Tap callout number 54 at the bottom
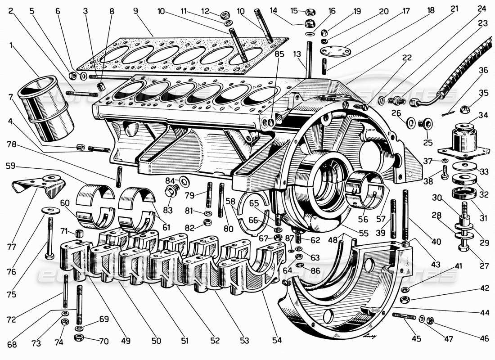click(277, 341)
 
